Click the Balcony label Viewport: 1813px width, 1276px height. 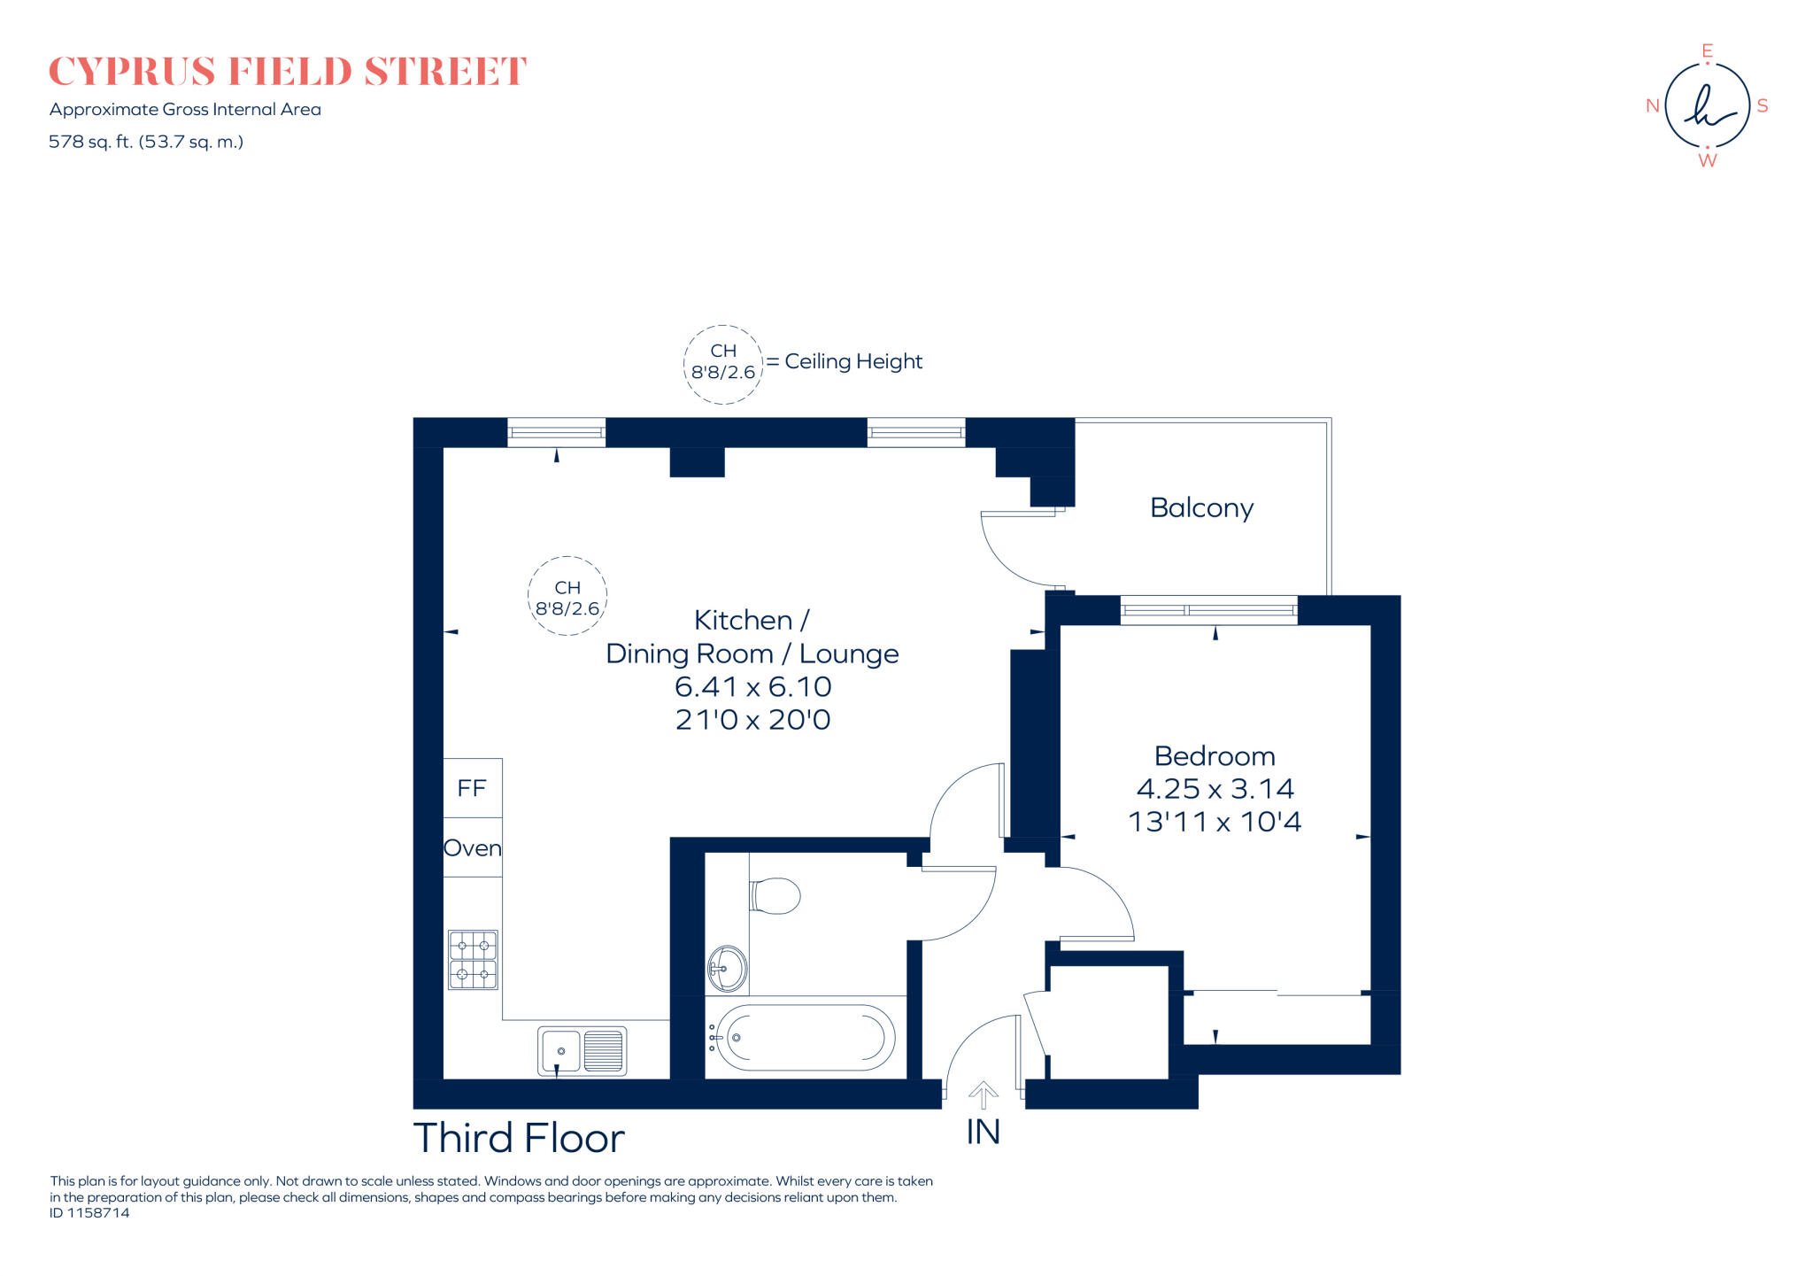1201,508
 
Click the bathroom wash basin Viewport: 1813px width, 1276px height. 727,968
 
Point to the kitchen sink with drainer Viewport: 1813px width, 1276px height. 582,1051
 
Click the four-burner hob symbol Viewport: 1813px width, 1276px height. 473,959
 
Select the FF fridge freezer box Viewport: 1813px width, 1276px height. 472,788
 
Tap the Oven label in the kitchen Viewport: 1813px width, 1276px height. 472,848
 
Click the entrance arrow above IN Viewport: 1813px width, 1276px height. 983,1094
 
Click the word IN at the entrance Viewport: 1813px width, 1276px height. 983,1133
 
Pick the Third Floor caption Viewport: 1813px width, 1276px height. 519,1139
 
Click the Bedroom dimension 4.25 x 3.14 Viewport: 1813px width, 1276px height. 1215,789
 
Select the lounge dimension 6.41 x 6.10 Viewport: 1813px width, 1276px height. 752,687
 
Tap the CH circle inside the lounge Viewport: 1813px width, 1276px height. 567,597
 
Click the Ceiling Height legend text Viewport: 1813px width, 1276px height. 852,361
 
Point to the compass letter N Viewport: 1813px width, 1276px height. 1652,106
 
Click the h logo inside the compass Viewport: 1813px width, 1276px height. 1707,106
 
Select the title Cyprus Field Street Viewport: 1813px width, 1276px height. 287,72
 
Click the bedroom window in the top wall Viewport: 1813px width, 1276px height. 1208,610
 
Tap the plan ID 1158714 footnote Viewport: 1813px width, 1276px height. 89,1213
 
